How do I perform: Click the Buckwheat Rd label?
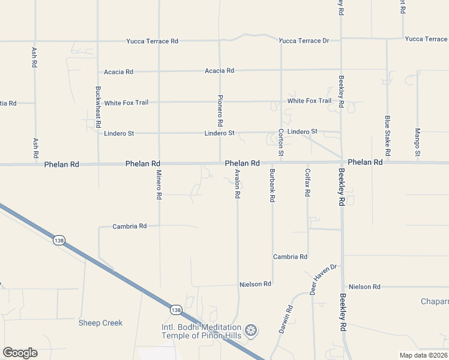click(x=98, y=107)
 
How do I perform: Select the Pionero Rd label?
click(x=220, y=110)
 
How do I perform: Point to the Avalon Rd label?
click(x=238, y=184)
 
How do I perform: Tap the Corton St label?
click(x=280, y=143)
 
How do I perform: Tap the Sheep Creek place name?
click(x=100, y=323)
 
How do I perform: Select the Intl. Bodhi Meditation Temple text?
click(x=202, y=331)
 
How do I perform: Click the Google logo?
click(x=20, y=353)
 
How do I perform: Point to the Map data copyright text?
click(x=424, y=355)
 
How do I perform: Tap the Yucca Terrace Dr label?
click(x=304, y=41)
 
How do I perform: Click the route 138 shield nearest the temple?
click(x=175, y=310)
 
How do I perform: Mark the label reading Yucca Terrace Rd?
click(x=152, y=41)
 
